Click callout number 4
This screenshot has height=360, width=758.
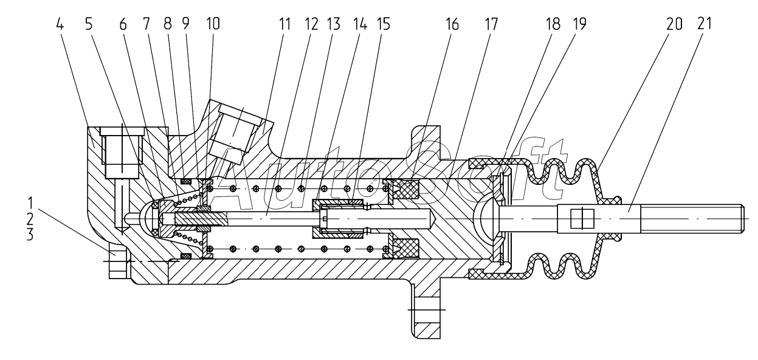[x=60, y=24]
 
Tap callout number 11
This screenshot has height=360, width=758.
[x=284, y=24]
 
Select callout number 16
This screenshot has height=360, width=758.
[x=452, y=24]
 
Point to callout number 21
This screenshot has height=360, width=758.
[x=704, y=24]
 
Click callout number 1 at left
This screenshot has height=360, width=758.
[x=30, y=203]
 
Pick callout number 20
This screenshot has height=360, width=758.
[x=674, y=24]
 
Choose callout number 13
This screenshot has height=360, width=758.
[x=333, y=24]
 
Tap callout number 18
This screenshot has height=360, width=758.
[x=553, y=24]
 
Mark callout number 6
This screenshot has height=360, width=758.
[x=123, y=24]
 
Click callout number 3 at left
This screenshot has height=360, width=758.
[x=30, y=234]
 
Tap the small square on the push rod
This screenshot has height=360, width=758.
[x=582, y=218]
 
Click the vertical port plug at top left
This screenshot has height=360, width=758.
[x=122, y=153]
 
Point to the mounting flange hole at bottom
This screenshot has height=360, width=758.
[x=427, y=310]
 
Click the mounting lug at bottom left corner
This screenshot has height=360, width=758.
[x=117, y=263]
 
